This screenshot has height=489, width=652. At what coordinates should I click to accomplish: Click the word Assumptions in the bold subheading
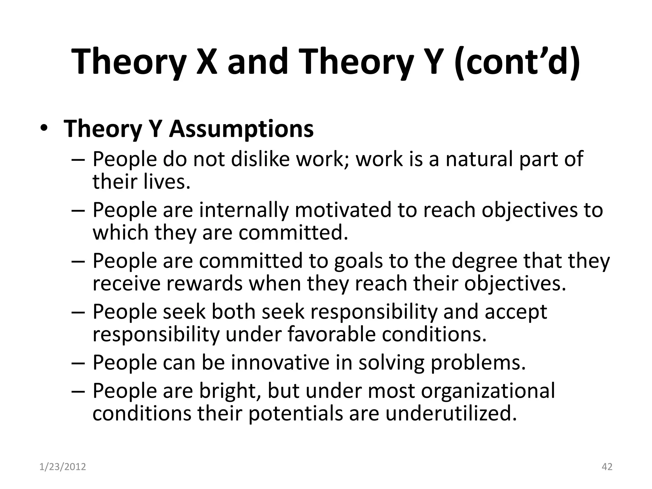coord(241,129)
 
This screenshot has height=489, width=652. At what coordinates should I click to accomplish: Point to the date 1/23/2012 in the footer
coord(63,467)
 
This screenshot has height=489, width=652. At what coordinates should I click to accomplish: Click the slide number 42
coord(607,467)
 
